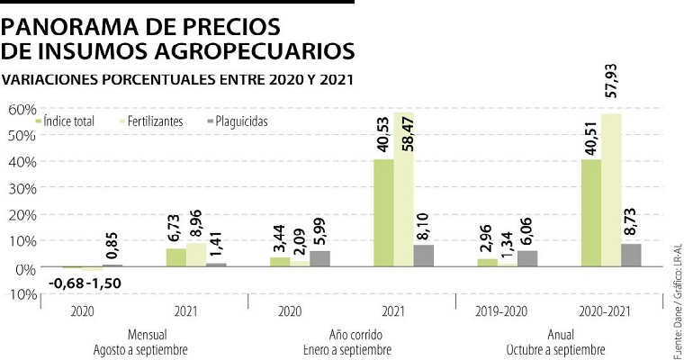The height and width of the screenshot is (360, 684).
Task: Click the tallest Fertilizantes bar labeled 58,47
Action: pos(404,190)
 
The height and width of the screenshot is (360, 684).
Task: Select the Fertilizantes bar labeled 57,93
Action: pos(611,191)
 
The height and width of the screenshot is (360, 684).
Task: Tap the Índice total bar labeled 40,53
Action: pos(383,213)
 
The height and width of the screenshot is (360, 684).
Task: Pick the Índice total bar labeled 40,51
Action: pos(591,213)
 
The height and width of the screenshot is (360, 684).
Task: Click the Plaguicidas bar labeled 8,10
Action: pos(424,256)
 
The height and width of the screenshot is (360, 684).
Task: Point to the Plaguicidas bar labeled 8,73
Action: pos(631,255)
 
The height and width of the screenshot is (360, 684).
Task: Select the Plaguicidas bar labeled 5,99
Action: pos(319,258)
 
